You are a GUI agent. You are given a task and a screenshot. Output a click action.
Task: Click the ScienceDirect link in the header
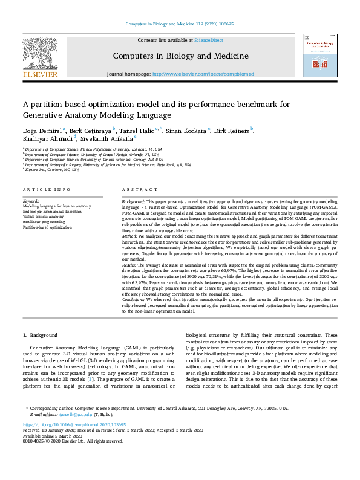(x=208, y=40)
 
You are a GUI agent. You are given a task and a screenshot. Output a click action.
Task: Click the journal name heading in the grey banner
(x=180, y=56)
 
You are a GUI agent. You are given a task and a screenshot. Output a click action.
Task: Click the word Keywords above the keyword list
(x=31, y=201)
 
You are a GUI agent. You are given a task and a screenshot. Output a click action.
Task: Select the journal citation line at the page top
(x=180, y=24)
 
